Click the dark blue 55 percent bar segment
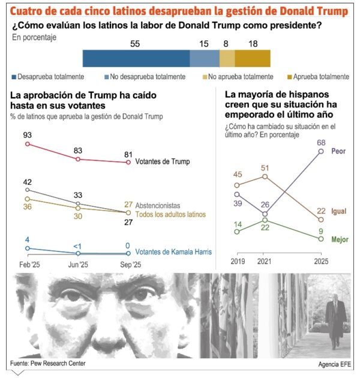click(136, 58)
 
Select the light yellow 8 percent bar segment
click(227, 58)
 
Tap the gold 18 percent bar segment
click(252, 58)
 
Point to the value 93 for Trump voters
click(27, 134)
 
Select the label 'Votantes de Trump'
click(163, 162)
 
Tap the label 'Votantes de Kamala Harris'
click(174, 252)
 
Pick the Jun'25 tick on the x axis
click(78, 264)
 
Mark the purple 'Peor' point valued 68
click(321, 151)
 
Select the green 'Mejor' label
click(340, 239)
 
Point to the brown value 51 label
click(265, 167)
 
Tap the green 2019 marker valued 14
click(237, 232)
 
